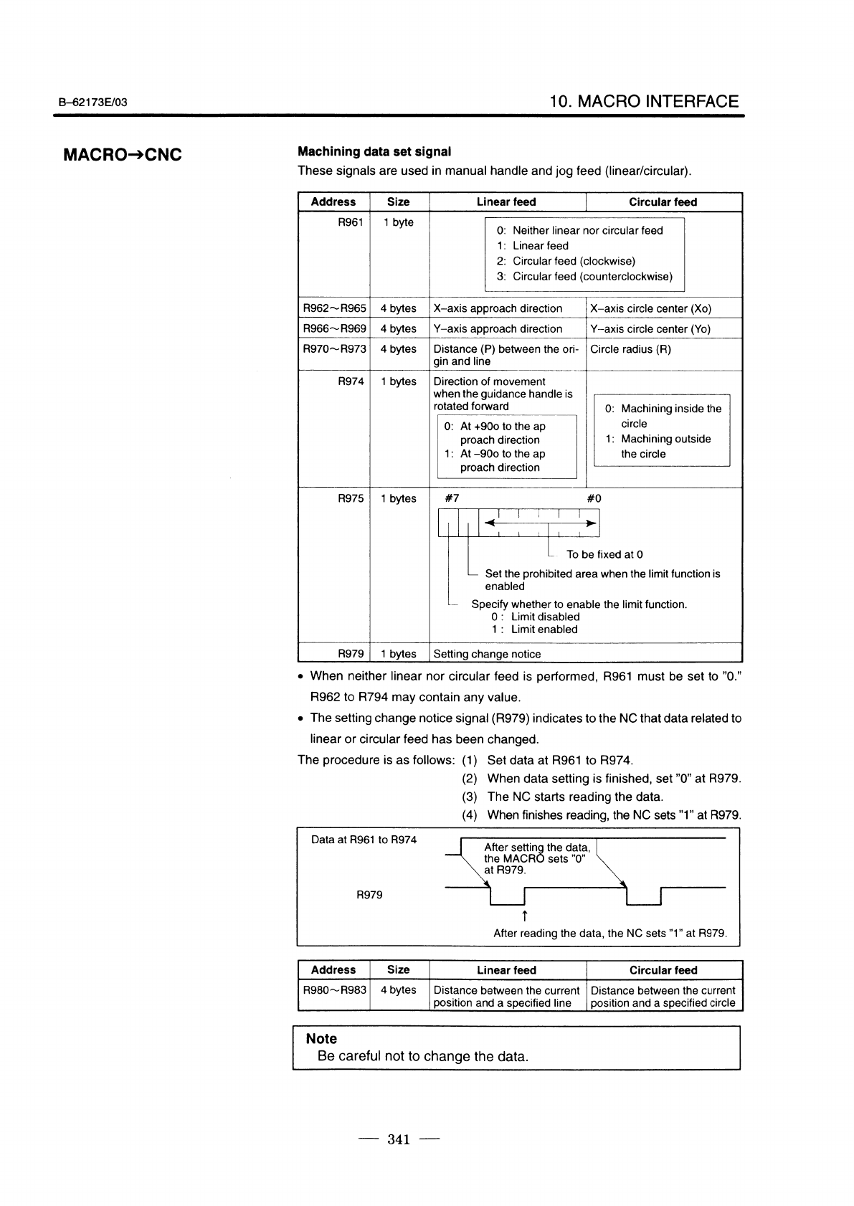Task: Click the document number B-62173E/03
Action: point(93,103)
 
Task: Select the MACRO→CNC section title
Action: point(123,155)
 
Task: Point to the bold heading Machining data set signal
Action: point(374,151)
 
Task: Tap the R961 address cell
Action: point(350,222)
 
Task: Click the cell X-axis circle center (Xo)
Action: point(650,308)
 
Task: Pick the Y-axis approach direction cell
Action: point(498,328)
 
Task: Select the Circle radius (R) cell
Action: point(630,349)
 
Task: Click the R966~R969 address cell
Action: point(334,328)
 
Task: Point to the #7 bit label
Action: point(452,498)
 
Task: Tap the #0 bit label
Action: point(594,498)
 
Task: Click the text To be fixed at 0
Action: point(604,554)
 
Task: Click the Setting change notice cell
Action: point(488,654)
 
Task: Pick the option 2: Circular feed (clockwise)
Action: point(566,261)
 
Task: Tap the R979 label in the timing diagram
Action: point(369,895)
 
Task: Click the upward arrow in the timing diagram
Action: point(525,916)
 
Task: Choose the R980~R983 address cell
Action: point(334,990)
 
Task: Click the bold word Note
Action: point(321,1038)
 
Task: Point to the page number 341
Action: point(398,1139)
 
